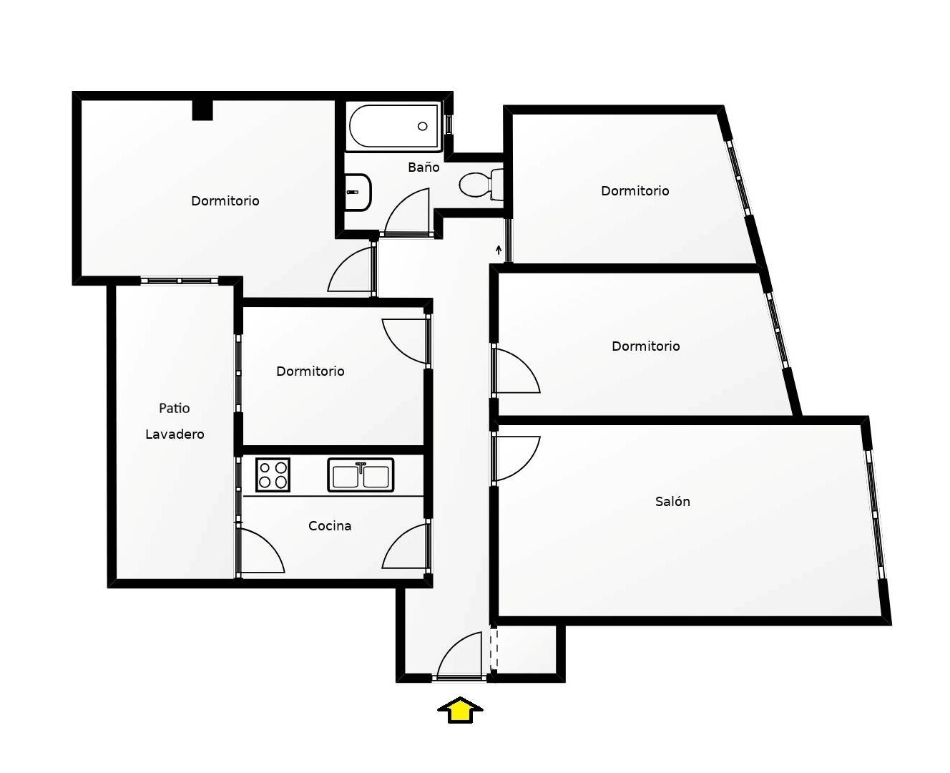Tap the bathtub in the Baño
tap(393, 126)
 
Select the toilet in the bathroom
tap(481, 185)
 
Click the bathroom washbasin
tap(358, 192)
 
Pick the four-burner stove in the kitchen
tap(273, 475)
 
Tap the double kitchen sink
tap(361, 475)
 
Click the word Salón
tap(672, 501)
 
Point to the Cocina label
tap(330, 526)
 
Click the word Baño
tap(423, 167)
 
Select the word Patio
tap(175, 408)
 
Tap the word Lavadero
tap(175, 434)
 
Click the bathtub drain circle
tap(422, 126)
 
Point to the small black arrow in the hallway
tap(499, 250)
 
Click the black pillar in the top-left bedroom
tap(202, 110)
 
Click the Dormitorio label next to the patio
tap(310, 371)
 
